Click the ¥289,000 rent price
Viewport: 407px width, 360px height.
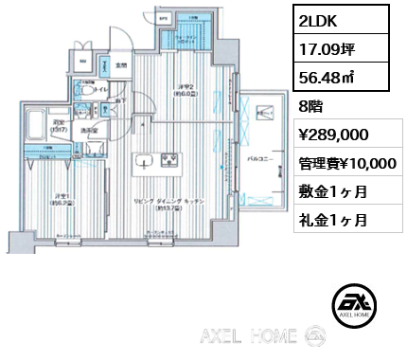coord(333,135)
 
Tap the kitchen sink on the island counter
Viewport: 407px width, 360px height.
coord(146,159)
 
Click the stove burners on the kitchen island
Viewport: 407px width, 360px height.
coord(173,159)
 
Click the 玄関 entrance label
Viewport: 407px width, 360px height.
coord(121,65)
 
